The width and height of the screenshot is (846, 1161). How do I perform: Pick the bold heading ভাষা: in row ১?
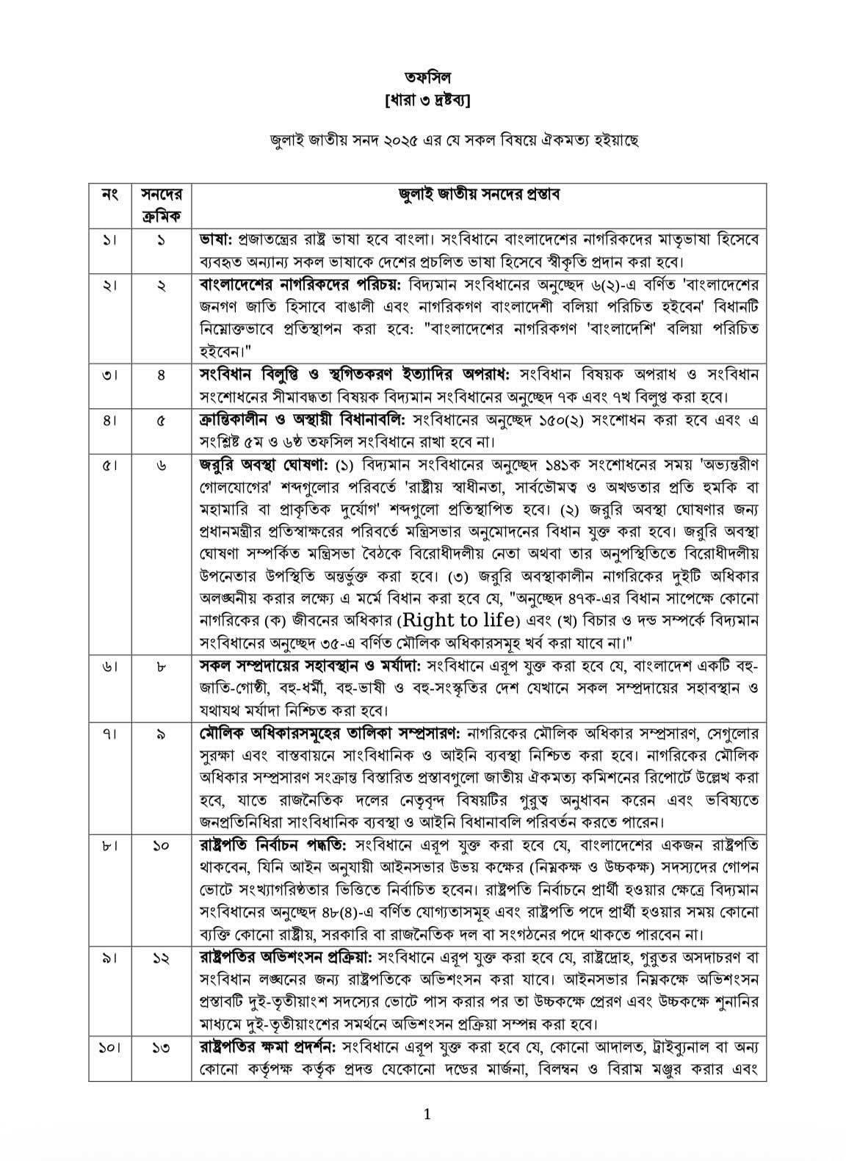click(217, 239)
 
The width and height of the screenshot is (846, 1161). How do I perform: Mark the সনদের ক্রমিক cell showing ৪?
click(161, 375)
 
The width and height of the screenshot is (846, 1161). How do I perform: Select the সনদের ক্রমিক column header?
click(161, 206)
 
